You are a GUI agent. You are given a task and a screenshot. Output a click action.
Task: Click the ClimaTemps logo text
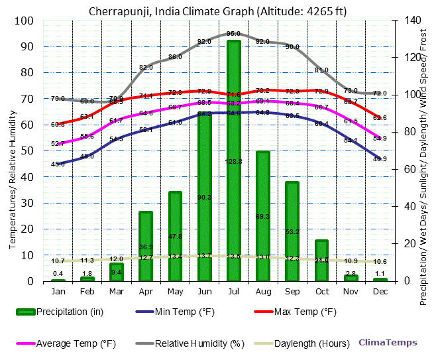pyautogui.click(x=388, y=343)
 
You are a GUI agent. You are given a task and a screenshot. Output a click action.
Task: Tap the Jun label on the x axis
pyautogui.click(x=204, y=291)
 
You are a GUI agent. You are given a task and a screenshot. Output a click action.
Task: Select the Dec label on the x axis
pyautogui.click(x=380, y=291)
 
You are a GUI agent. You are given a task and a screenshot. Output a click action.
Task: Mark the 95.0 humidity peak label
pyautogui.click(x=233, y=33)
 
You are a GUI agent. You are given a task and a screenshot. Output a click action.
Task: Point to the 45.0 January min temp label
pyautogui.click(x=58, y=164)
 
